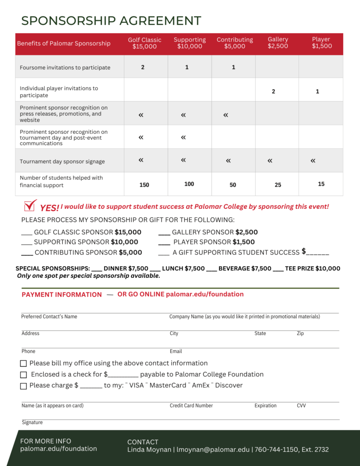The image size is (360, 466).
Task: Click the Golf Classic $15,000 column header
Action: (x=145, y=43)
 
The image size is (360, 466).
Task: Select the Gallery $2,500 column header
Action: (x=278, y=43)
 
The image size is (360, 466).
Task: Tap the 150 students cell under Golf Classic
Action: (x=144, y=185)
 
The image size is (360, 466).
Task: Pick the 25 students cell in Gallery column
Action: (x=278, y=185)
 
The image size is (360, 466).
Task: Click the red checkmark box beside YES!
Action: (x=30, y=206)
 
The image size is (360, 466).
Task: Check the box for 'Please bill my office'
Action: (x=24, y=364)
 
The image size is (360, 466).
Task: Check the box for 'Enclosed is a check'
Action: (x=24, y=375)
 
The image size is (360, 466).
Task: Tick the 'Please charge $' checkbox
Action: (x=24, y=386)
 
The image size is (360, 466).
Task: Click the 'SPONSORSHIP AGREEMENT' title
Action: (x=111, y=21)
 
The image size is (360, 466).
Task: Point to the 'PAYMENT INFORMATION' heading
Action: (x=62, y=294)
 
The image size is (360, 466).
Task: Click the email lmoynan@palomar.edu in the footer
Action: (x=213, y=450)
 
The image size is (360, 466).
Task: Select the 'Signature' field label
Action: (x=32, y=422)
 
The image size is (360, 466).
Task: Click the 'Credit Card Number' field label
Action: (x=191, y=405)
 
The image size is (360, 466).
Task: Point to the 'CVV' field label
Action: (x=301, y=405)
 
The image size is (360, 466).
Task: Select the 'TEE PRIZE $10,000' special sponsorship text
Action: (x=312, y=268)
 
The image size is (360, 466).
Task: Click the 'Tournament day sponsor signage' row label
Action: (x=62, y=162)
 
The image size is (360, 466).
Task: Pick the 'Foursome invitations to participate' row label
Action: (x=65, y=68)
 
